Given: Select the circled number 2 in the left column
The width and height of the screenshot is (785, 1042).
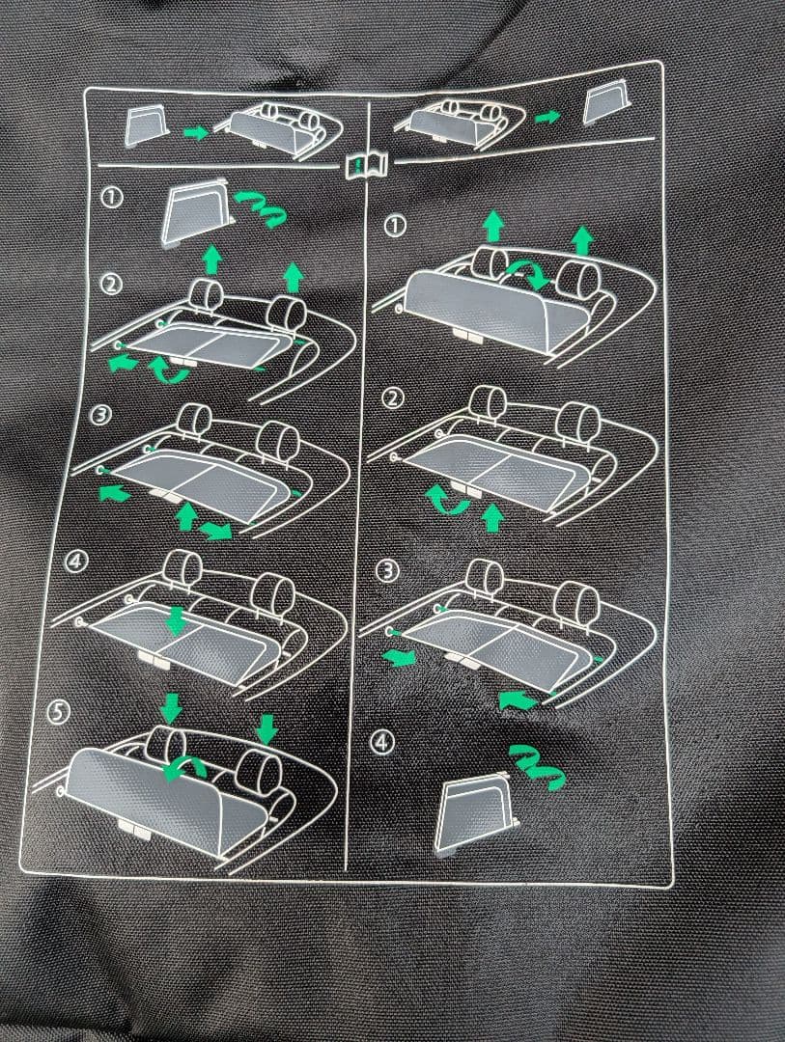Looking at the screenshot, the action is tap(111, 284).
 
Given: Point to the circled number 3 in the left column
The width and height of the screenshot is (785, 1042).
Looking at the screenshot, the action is tap(101, 415).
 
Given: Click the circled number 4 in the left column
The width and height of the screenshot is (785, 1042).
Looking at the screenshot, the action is tap(75, 561).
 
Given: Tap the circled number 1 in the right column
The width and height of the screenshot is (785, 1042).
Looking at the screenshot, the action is tap(395, 226).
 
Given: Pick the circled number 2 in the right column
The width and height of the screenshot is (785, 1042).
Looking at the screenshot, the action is tap(394, 398).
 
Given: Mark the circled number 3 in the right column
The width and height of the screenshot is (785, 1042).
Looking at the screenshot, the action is tap(387, 571).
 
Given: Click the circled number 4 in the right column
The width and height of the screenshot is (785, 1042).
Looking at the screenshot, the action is tap(381, 742).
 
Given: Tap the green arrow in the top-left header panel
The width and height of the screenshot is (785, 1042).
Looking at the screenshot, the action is tap(196, 132).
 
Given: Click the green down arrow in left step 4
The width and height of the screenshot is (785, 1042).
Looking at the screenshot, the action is tap(176, 619).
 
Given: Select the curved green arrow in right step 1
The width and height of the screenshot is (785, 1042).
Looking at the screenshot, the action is tap(528, 272).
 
